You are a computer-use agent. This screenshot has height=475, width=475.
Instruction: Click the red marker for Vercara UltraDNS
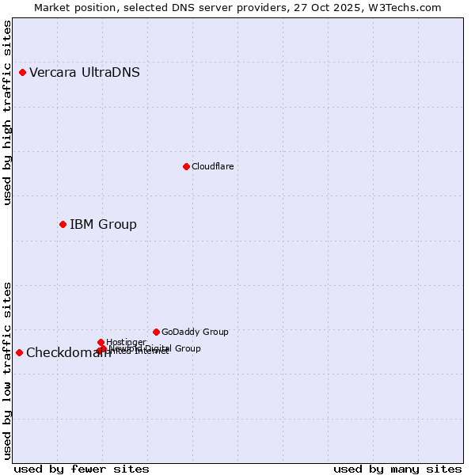click(22, 73)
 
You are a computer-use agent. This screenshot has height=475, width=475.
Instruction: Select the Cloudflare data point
click(186, 166)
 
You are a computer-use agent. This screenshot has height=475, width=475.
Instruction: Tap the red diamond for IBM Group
click(63, 225)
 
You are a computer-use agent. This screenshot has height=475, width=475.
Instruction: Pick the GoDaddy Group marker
click(156, 332)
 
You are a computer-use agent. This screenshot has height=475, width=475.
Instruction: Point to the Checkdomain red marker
click(19, 352)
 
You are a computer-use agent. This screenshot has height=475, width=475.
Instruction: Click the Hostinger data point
click(101, 342)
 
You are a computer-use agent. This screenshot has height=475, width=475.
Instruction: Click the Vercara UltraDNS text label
click(85, 73)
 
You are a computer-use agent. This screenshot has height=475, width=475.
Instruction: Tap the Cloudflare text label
click(212, 166)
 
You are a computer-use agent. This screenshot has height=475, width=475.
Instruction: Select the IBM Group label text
click(103, 225)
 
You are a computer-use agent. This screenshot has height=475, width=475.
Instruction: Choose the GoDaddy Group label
click(195, 332)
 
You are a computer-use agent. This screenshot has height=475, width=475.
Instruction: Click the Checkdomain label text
click(68, 353)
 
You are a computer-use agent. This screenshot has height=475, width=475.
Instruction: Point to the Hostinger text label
click(126, 342)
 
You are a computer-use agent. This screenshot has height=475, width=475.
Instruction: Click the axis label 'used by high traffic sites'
click(7, 112)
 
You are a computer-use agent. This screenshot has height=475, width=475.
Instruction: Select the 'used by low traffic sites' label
click(7, 370)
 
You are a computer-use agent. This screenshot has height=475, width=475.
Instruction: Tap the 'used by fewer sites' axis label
click(82, 469)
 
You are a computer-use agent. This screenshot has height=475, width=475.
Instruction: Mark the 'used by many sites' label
click(397, 469)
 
